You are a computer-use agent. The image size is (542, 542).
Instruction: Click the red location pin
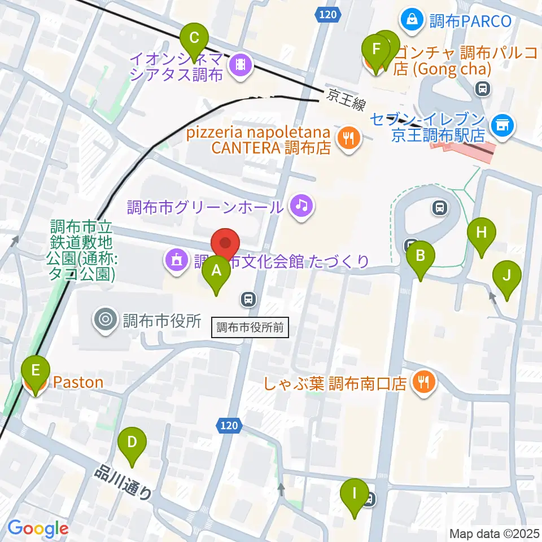pyautogui.click(x=225, y=244)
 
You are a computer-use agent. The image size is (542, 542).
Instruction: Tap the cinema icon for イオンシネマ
pyautogui.click(x=241, y=65)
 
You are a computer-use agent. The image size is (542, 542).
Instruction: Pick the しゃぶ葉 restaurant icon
pyautogui.click(x=423, y=383)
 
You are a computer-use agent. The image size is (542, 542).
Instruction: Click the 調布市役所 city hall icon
pyautogui.click(x=106, y=320)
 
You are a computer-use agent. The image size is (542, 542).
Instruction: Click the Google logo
pyautogui.click(x=38, y=528)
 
